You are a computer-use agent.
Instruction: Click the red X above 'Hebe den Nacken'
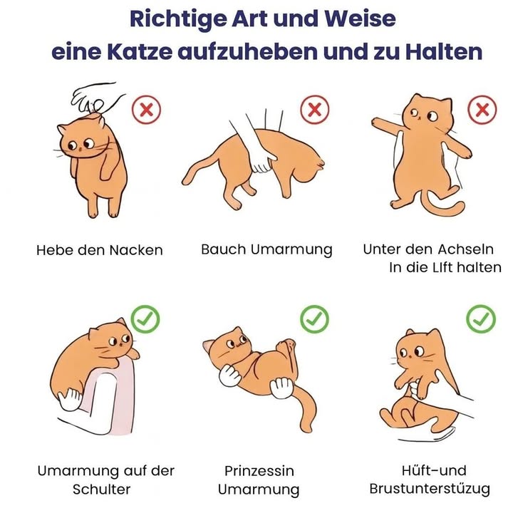[x=147, y=110]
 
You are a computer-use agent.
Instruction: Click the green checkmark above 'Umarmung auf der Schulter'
[x=146, y=319]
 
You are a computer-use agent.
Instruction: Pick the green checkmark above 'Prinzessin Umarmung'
[x=314, y=319]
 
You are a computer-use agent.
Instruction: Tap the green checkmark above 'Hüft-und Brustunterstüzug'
[x=481, y=319]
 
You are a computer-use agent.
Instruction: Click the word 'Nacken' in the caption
[x=136, y=250]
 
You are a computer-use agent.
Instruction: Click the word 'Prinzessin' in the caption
[x=259, y=471]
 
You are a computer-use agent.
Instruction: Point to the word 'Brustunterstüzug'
[x=430, y=489]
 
